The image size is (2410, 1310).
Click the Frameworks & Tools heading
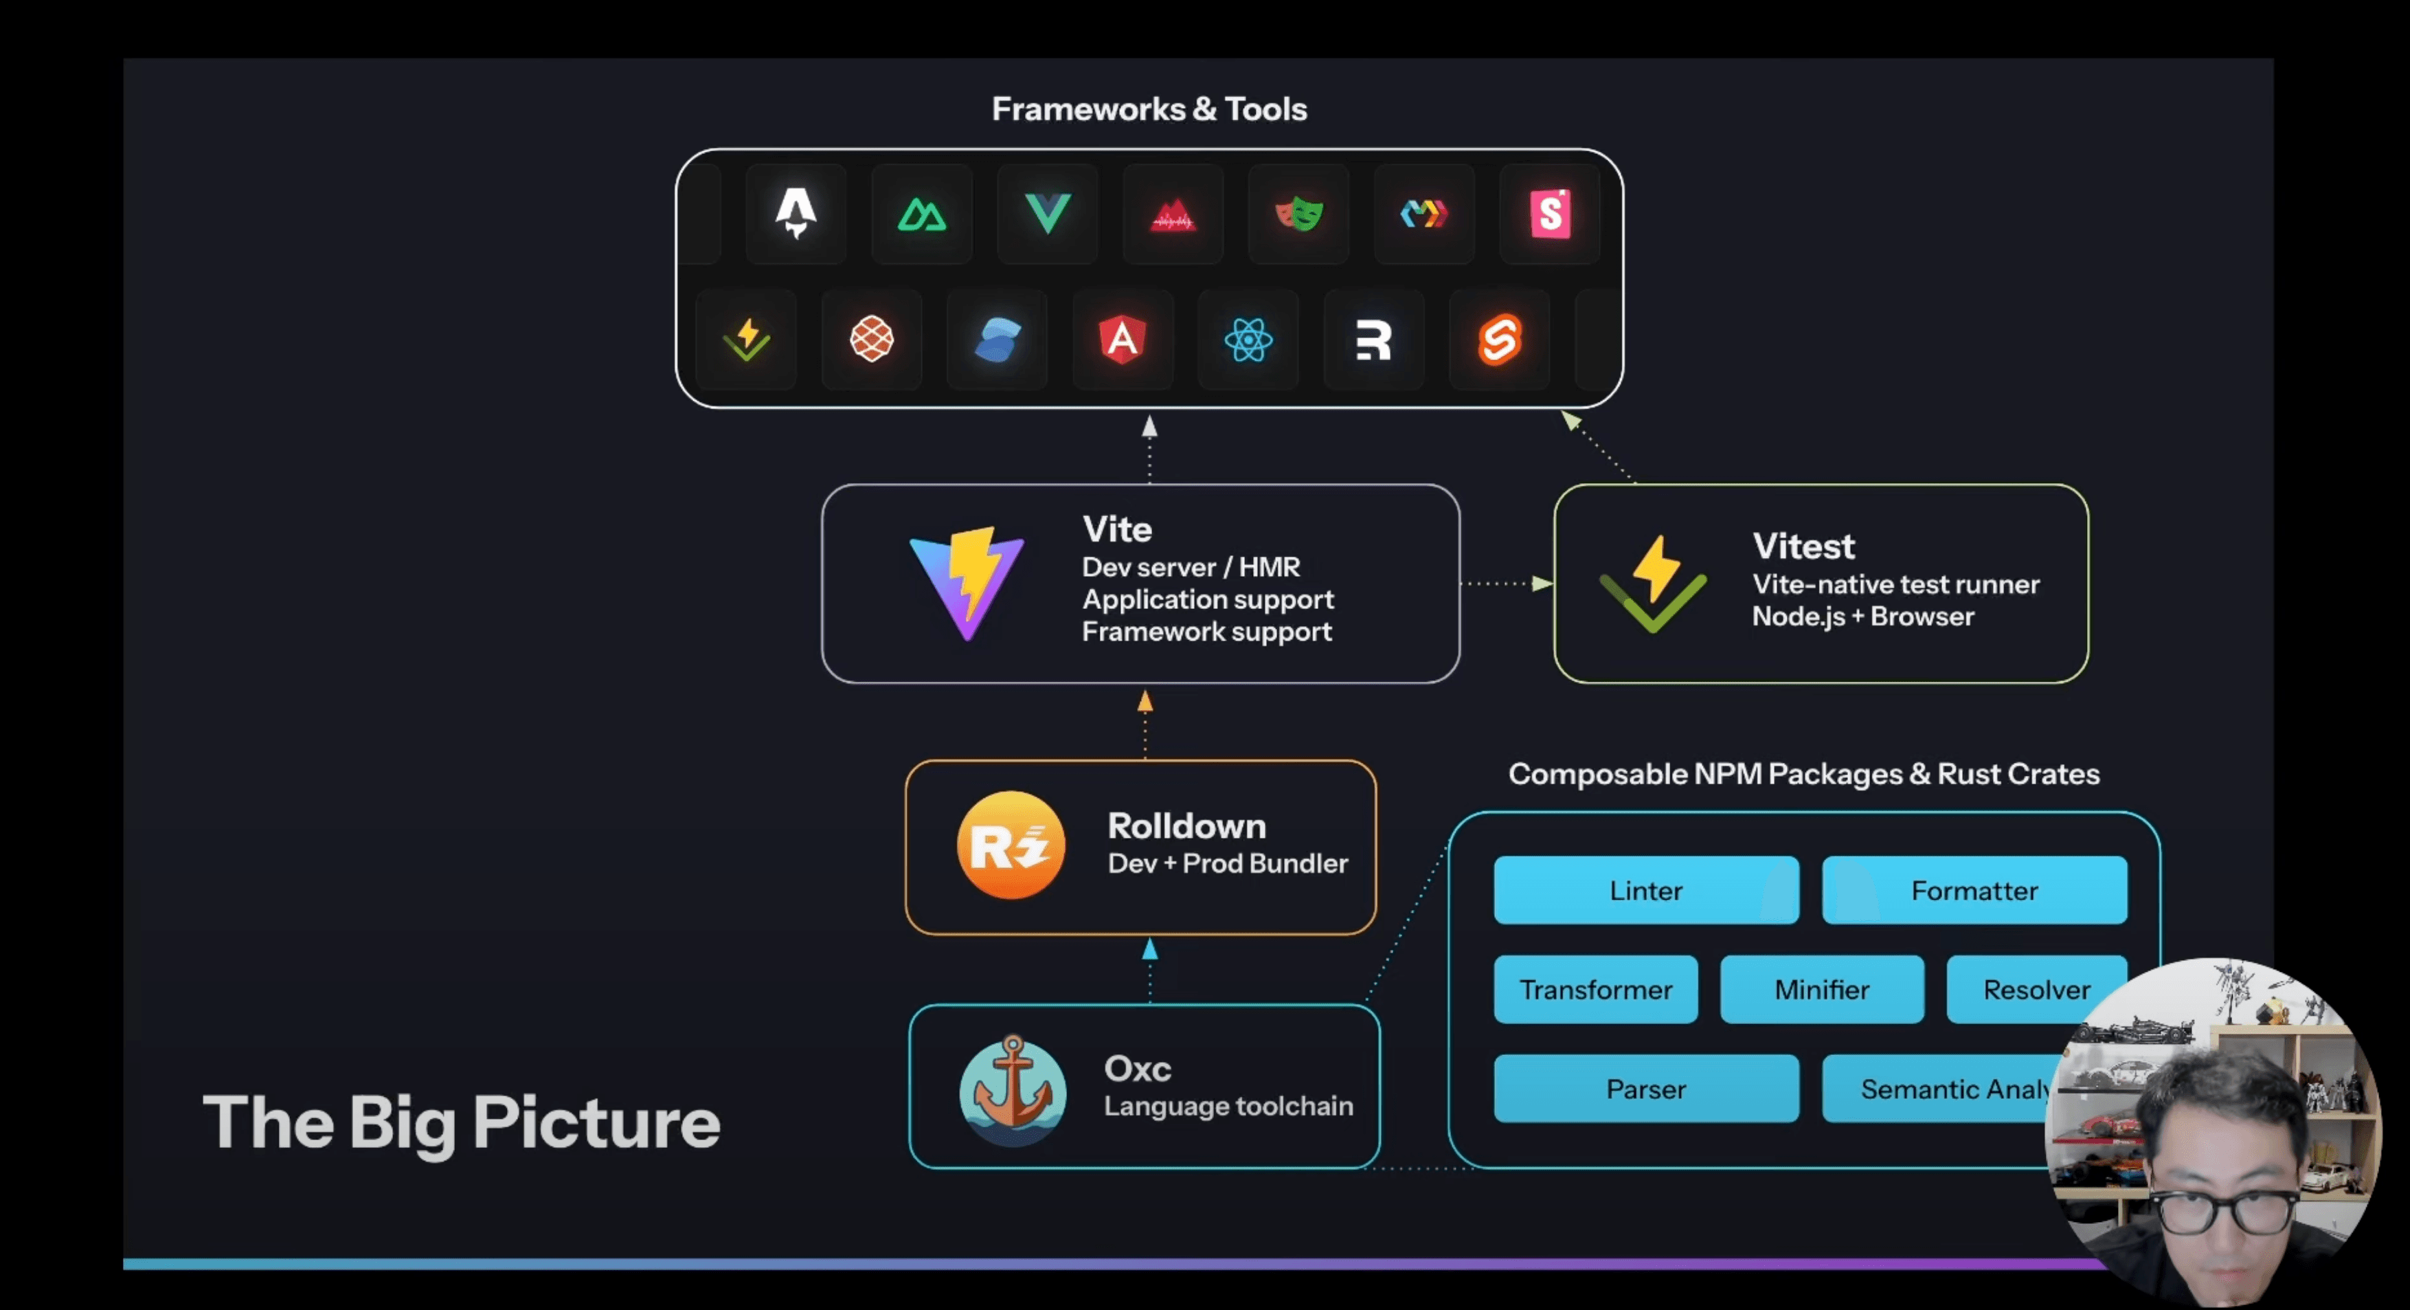pos(1149,109)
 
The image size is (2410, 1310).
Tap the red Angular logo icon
pos(1123,340)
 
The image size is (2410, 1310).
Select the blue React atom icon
pos(1248,340)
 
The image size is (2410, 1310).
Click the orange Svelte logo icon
pos(1500,340)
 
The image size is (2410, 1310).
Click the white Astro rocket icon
pos(796,213)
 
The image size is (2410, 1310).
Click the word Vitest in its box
pos(1803,546)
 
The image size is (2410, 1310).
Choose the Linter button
pos(1645,891)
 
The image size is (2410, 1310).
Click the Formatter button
pos(1974,891)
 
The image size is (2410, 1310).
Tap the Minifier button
pos(1821,990)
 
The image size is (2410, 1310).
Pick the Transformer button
pos(1595,990)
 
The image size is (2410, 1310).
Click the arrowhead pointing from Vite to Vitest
pos(1541,584)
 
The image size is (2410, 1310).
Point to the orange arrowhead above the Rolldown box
pos(1145,702)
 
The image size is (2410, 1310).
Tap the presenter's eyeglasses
pos(2236,1212)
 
